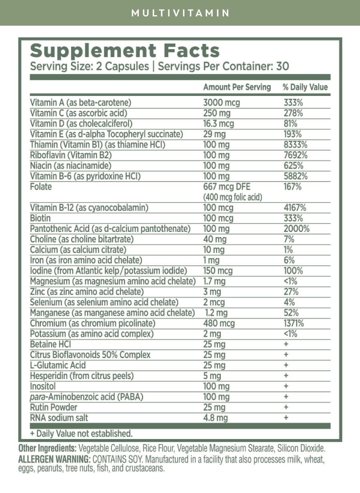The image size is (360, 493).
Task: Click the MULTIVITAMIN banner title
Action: click(180, 13)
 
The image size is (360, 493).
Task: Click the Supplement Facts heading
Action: click(125, 51)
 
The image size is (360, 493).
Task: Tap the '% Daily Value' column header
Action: click(305, 87)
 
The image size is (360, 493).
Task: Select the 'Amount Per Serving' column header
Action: click(237, 87)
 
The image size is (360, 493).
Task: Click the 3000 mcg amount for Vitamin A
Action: click(222, 103)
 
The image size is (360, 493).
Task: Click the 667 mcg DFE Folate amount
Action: click(227, 187)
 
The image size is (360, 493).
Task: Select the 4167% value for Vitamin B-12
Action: click(295, 208)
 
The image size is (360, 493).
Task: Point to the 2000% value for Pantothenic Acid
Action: click(296, 229)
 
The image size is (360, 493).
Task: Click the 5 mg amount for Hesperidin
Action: click(212, 376)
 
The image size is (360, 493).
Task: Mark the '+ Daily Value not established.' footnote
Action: click(81, 433)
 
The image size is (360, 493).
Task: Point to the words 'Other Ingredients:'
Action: click(48, 448)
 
